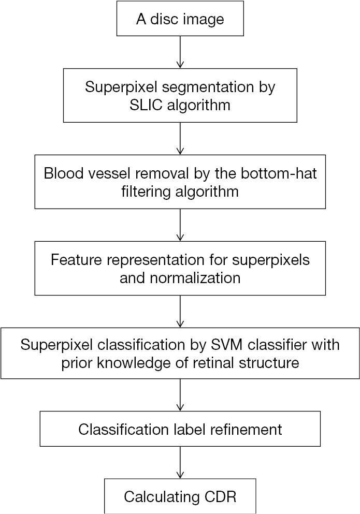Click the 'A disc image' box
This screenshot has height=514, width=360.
(x=180, y=20)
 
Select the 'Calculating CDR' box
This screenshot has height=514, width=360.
(x=180, y=497)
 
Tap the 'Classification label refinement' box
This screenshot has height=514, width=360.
(x=180, y=429)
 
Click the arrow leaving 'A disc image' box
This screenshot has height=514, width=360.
(x=180, y=52)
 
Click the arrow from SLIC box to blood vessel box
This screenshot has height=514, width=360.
(x=180, y=138)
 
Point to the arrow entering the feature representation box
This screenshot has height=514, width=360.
(x=180, y=225)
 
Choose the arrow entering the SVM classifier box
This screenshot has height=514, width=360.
(x=180, y=311)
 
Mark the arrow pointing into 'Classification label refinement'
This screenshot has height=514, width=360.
(x=180, y=395)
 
